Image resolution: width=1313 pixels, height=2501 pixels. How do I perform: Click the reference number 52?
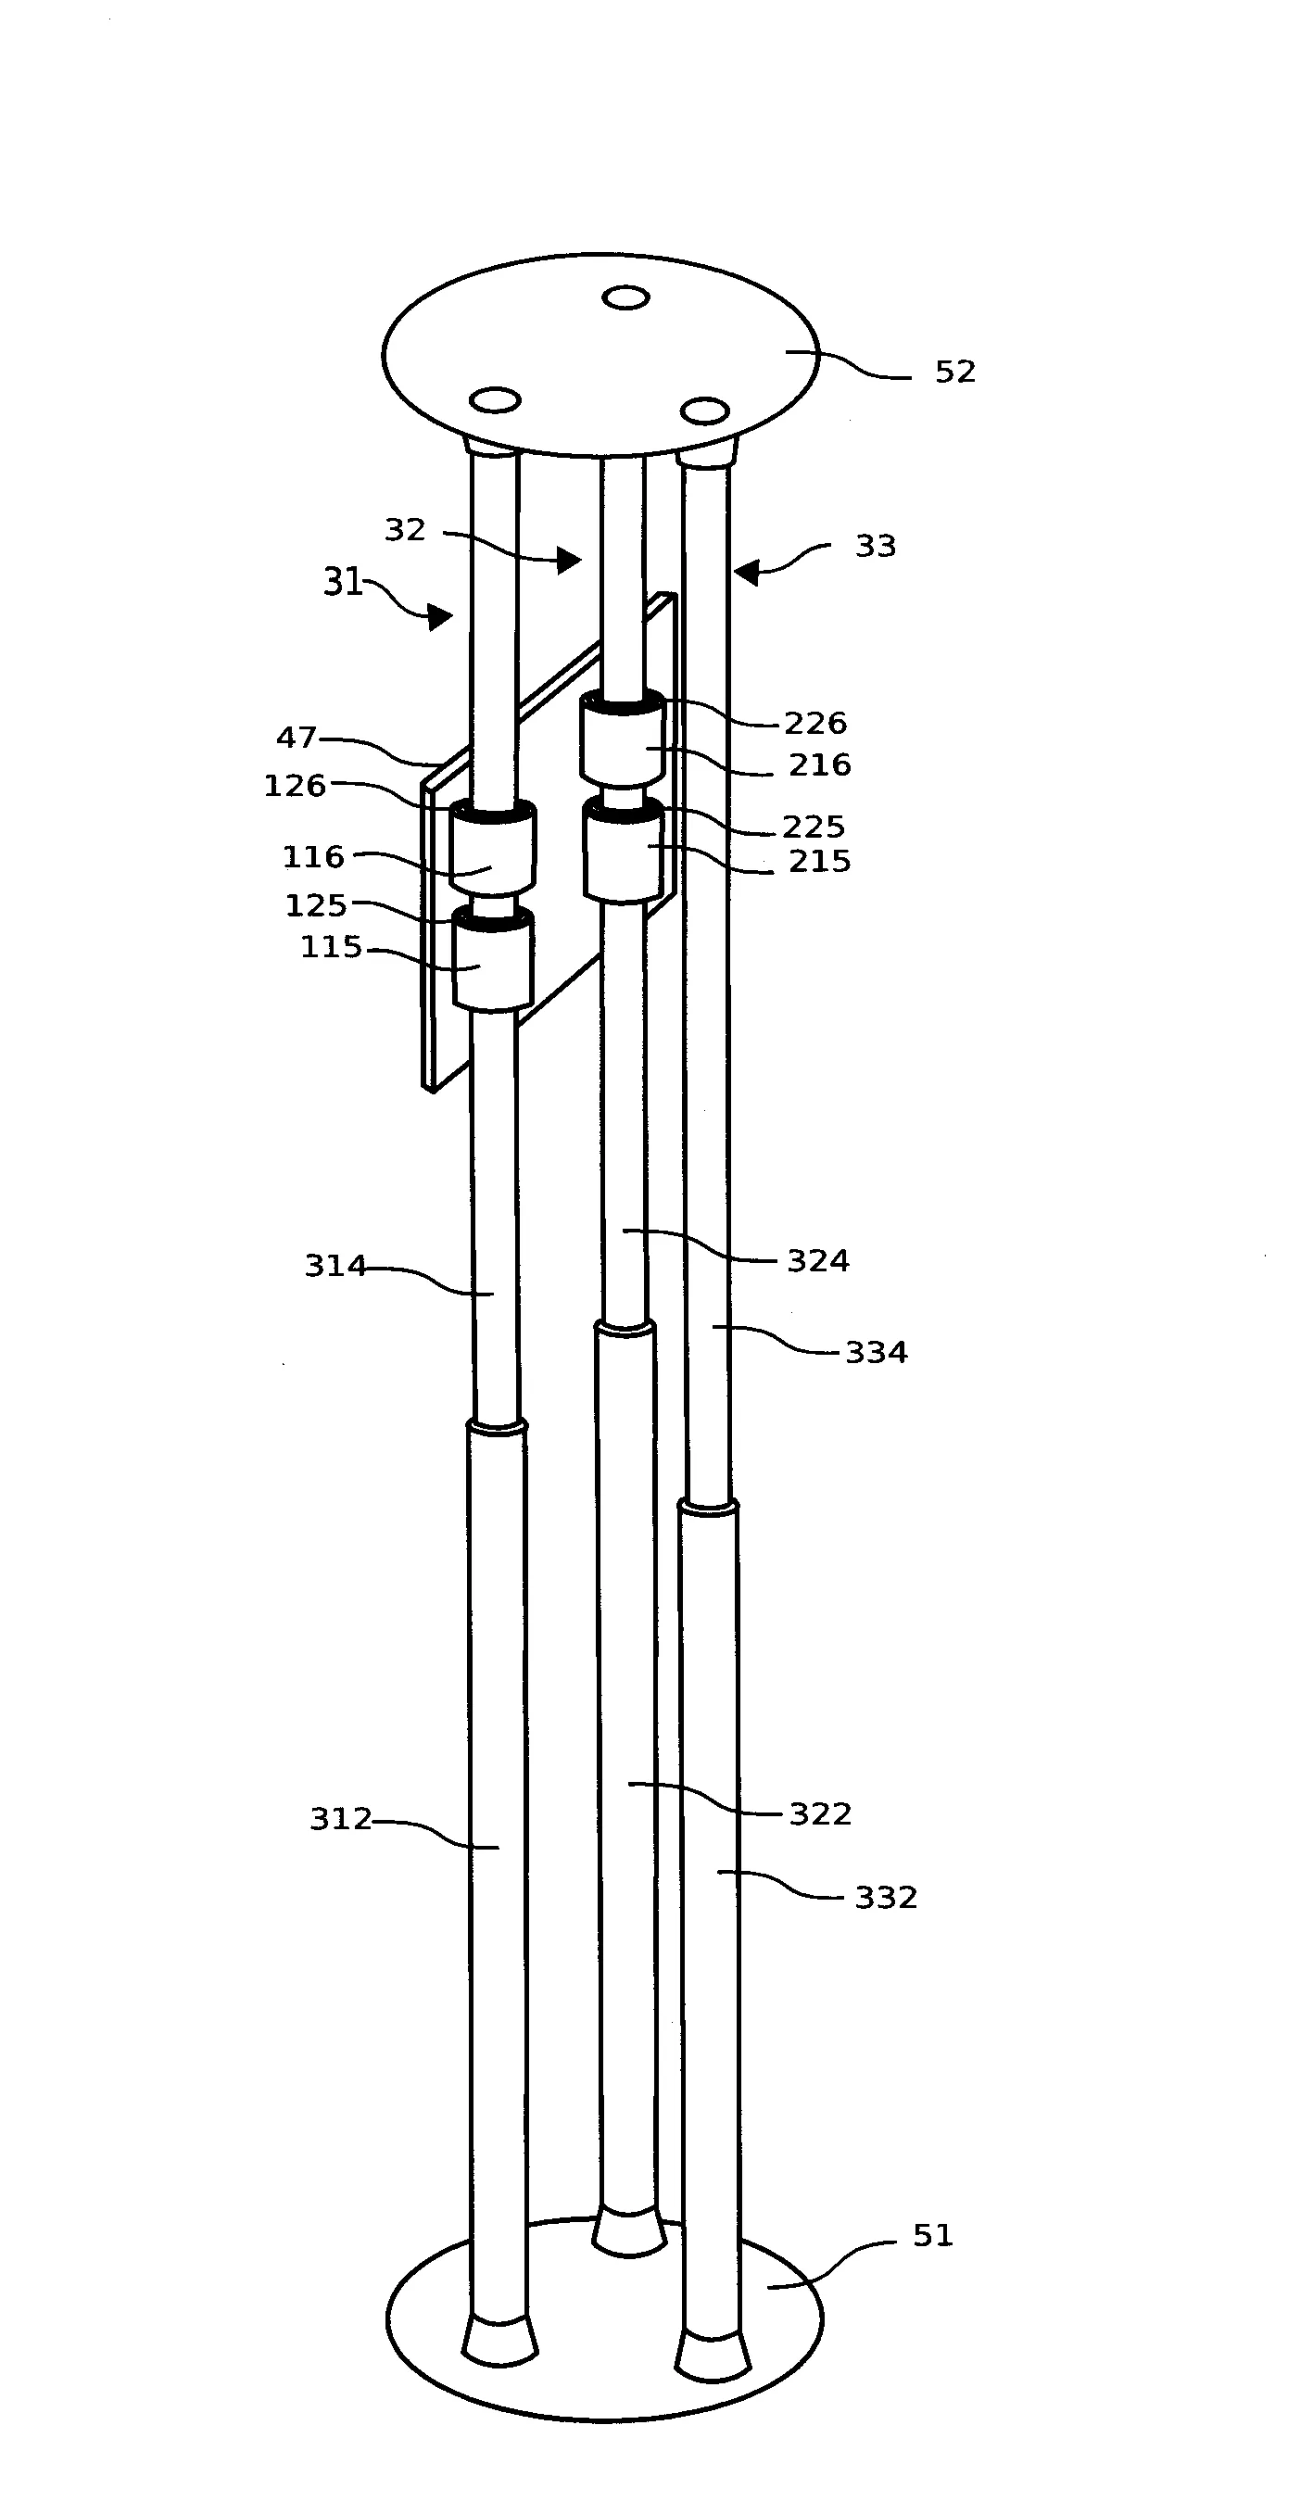954,372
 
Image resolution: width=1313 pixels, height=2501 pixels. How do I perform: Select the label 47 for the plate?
297,738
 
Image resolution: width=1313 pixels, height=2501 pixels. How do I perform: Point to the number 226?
815,724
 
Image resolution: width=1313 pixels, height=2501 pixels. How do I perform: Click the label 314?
336,1266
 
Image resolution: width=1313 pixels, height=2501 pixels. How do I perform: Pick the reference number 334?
876,1353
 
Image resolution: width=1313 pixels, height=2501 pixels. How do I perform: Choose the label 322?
821,1813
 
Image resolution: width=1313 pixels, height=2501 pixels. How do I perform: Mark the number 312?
341,1818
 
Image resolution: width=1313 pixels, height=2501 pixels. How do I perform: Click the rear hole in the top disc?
625,297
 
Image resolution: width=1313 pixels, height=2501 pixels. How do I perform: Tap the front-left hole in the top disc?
496,400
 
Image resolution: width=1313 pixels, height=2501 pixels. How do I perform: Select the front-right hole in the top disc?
704,411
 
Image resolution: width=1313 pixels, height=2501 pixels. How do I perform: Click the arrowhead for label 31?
441,616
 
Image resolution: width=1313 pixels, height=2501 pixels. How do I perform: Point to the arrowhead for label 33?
746,573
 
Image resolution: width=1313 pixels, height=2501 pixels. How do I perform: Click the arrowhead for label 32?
569,560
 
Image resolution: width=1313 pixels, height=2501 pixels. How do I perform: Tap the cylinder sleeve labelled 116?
493,848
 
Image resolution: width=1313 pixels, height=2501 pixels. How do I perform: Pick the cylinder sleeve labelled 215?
625,851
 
